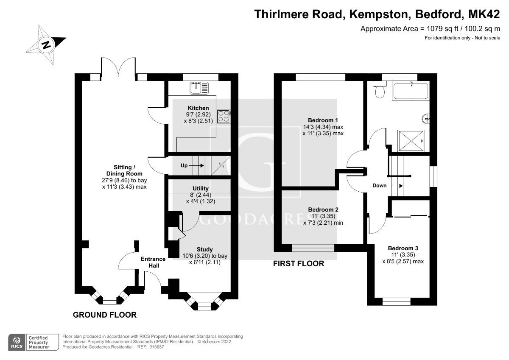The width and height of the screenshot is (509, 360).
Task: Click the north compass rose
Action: pos(45,44)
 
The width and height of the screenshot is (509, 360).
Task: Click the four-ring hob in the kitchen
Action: pos(223,116)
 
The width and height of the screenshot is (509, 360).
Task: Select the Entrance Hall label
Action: pos(154,262)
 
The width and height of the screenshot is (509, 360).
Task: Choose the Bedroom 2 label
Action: pos(323,209)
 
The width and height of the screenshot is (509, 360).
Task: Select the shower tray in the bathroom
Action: pos(410,140)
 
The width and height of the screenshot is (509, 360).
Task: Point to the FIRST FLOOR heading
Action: pos(298,264)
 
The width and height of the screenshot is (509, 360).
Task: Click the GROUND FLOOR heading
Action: pos(105,315)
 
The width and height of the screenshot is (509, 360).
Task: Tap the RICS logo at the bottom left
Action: pos(17,341)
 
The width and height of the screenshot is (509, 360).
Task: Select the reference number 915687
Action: pos(155,347)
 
